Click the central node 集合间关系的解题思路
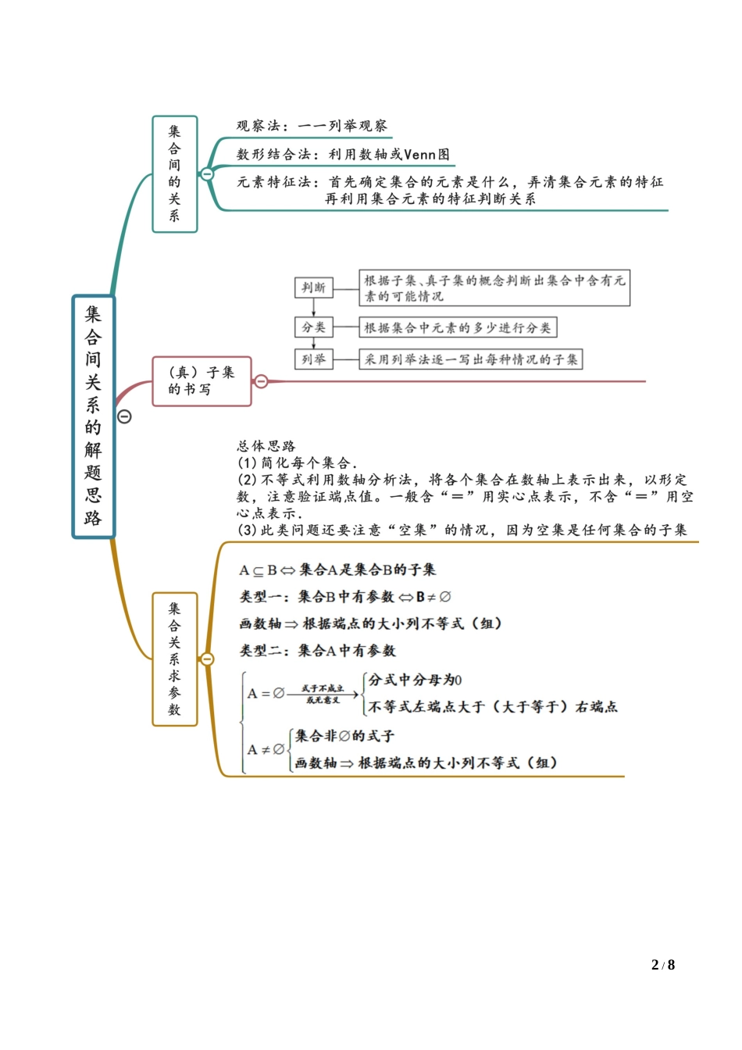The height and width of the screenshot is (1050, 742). click(x=93, y=416)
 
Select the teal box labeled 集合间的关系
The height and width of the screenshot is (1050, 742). click(x=174, y=173)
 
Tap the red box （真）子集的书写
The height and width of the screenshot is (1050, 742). click(x=202, y=380)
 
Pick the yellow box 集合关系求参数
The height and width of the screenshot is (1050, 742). click(x=174, y=659)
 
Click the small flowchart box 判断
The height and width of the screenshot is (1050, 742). click(x=313, y=287)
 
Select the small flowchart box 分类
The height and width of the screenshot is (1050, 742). click(x=313, y=327)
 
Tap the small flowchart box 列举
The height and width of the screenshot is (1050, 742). click(x=313, y=359)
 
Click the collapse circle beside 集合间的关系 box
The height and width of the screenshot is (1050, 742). click(x=207, y=174)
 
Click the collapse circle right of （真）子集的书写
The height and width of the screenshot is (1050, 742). click(x=262, y=381)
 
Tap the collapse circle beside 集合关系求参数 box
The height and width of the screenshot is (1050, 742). click(x=207, y=659)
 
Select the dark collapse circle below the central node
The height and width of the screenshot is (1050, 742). click(x=124, y=416)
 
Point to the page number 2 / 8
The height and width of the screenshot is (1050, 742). click(x=662, y=965)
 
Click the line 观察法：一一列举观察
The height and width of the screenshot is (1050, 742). click(x=312, y=126)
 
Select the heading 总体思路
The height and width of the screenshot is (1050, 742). click(x=266, y=446)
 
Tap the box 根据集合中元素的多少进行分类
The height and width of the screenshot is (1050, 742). click(x=458, y=327)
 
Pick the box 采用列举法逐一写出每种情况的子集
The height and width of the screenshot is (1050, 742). click(x=471, y=359)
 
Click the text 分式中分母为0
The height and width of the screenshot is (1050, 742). click(x=415, y=680)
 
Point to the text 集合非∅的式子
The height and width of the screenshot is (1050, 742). click(x=344, y=736)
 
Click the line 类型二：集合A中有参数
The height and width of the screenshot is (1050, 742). click(x=317, y=650)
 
